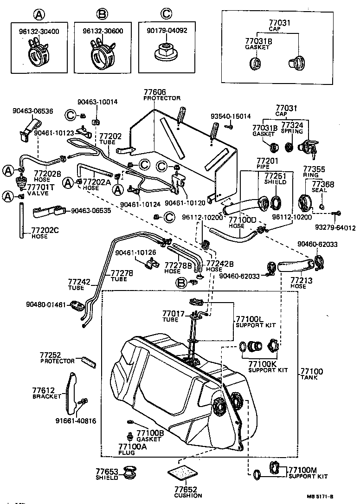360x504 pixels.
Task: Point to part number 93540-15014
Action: click(230, 116)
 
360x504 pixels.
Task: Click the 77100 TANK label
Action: click(311, 375)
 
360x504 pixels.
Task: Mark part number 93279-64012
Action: click(335, 227)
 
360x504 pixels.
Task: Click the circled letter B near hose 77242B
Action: click(182, 282)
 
